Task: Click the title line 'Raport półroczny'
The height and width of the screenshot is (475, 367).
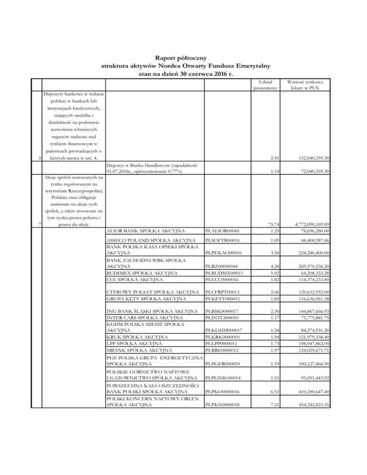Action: [183, 57]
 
